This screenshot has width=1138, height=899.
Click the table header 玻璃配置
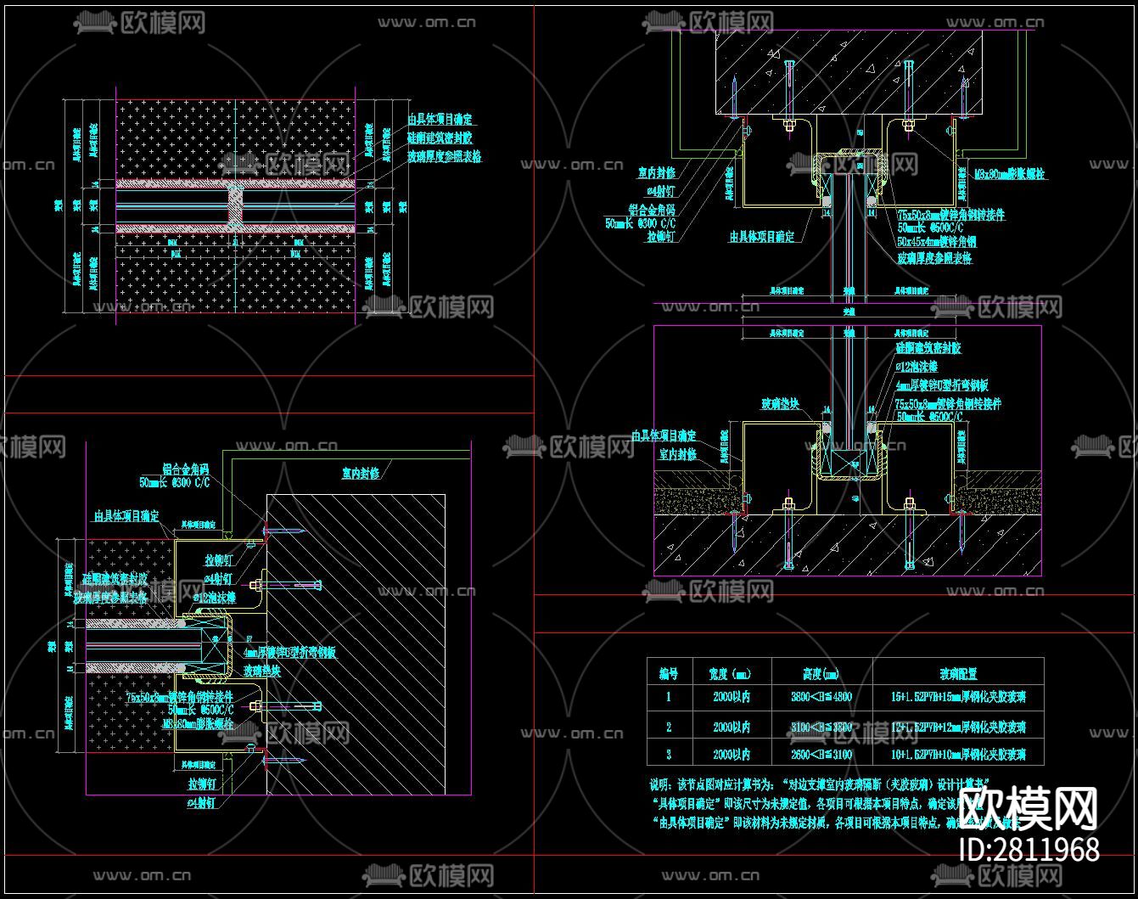point(958,673)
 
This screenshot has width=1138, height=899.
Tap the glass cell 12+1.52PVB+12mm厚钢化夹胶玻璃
point(958,727)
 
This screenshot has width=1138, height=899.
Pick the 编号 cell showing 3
point(669,754)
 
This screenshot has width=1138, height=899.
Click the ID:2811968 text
point(1029,849)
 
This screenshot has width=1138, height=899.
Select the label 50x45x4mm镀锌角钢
point(936,242)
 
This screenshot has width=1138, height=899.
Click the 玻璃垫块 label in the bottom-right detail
point(780,404)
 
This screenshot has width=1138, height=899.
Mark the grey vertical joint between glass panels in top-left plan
point(234,205)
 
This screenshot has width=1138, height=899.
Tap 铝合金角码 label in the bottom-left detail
point(185,469)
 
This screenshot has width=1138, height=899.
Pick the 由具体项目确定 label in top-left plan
point(440,120)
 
